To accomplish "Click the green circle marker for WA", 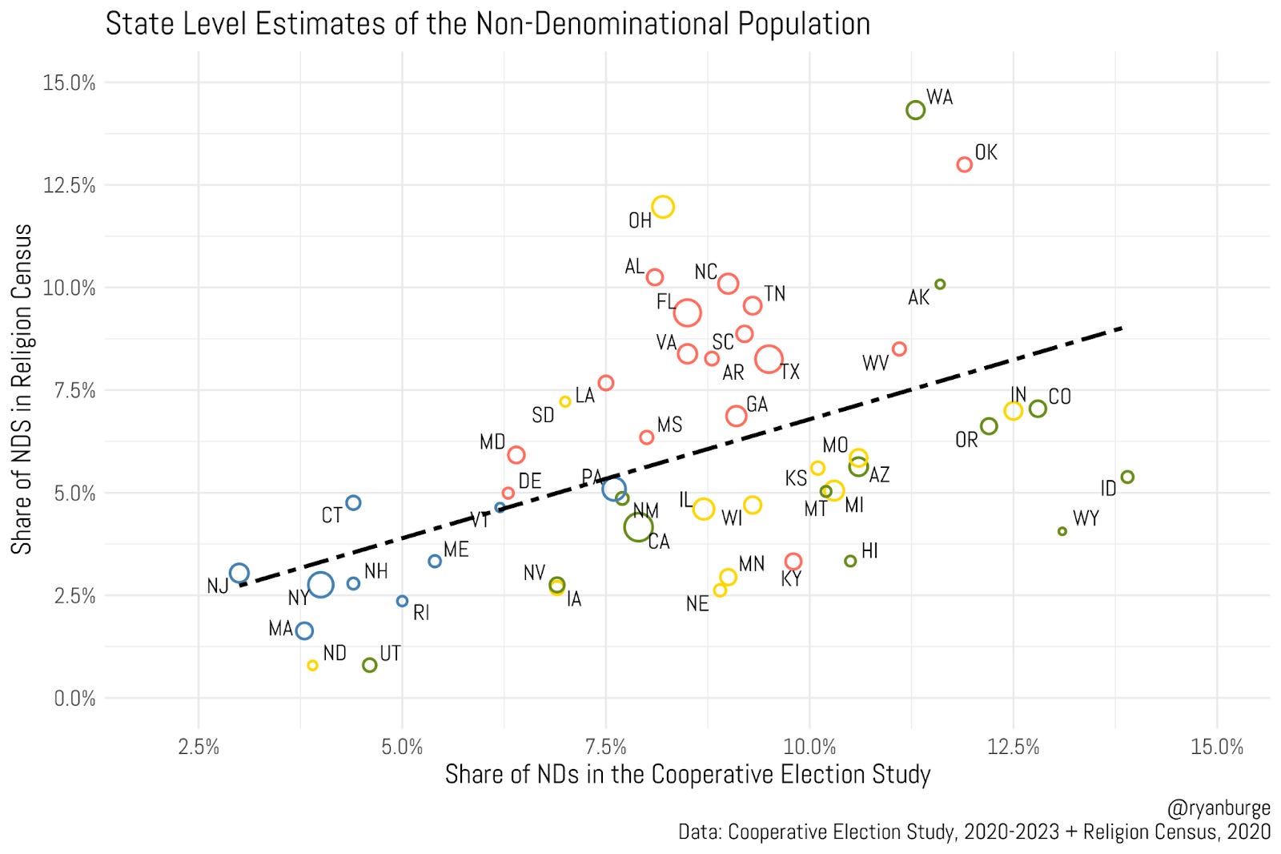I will (915, 110).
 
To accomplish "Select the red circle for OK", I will (964, 164).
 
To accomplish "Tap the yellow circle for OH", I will (662, 207).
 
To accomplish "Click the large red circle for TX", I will (769, 360).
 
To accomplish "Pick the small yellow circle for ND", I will (312, 665).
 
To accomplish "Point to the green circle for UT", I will (369, 665).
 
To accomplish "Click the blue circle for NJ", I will (239, 573).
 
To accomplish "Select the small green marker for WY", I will (1062, 531).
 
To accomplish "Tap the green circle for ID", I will (1126, 477).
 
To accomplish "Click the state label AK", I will (918, 298).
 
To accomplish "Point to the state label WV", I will (875, 364).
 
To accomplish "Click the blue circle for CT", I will (353, 502).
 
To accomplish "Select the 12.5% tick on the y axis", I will (69, 185).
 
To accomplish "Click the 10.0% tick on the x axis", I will (809, 747).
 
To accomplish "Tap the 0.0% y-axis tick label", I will (74, 699).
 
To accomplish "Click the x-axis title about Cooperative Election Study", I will (687, 775).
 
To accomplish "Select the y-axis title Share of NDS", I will (22, 389).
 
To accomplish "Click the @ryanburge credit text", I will (1218, 808).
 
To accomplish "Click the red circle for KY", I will (793, 561).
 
